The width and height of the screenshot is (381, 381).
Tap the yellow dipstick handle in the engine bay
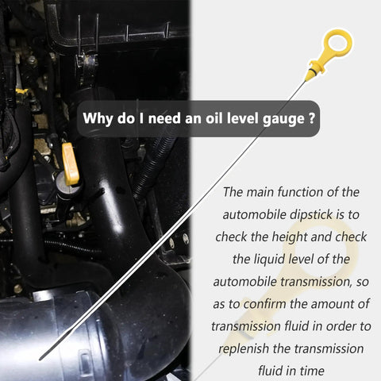(70, 164)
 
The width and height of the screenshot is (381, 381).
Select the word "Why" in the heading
(98, 118)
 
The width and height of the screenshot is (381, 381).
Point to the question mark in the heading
(312, 117)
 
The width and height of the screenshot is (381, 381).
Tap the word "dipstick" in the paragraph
(311, 214)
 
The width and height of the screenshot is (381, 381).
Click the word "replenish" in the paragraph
(244, 348)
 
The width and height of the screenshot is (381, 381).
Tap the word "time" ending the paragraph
(312, 371)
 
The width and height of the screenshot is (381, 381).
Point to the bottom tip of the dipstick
(40, 359)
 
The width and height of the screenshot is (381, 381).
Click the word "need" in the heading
(164, 117)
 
